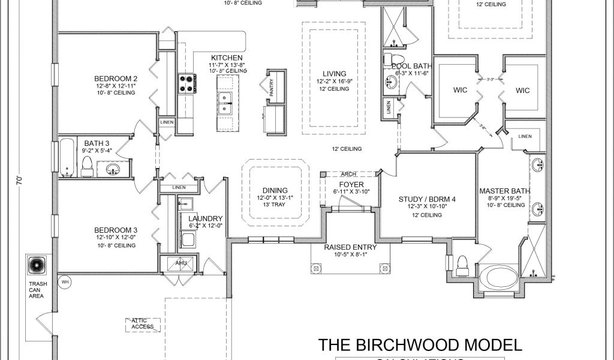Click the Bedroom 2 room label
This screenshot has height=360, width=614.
click(116, 78)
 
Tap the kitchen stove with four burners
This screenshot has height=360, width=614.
click(186, 83)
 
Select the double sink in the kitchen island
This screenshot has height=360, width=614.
click(225, 103)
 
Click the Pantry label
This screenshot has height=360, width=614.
click(271, 88)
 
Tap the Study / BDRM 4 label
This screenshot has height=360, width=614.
click(427, 199)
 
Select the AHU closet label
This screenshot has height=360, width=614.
click(181, 263)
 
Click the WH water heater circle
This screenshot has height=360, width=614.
click(64, 280)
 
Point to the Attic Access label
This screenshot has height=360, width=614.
click(143, 324)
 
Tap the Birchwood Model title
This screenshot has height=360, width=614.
click(419, 344)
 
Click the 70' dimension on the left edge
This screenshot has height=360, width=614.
click(18, 179)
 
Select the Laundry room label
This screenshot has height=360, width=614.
click(205, 219)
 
